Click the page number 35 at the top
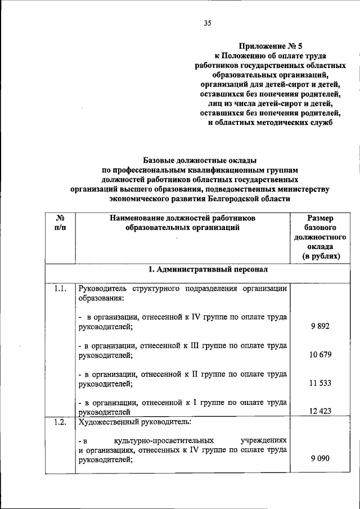tap(208, 23)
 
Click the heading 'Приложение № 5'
tap(274, 47)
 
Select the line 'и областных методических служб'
tap(274, 121)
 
